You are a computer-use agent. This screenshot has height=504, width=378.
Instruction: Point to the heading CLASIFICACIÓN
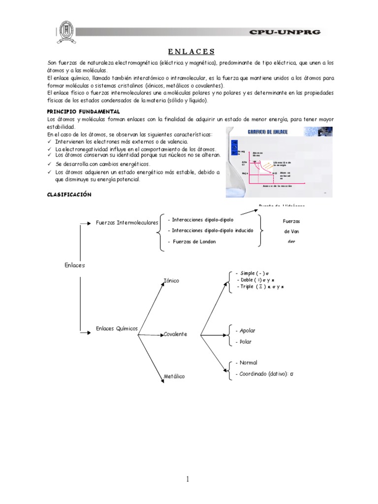[x=69, y=194]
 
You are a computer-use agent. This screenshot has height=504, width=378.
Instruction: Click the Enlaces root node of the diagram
[x=75, y=265]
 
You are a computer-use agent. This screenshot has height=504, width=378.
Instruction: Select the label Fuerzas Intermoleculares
[x=127, y=222]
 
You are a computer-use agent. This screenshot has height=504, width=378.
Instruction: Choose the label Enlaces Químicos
[x=117, y=328]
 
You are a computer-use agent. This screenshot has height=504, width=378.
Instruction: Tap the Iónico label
[x=171, y=281]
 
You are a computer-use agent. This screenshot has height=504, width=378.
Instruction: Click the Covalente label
[x=175, y=334]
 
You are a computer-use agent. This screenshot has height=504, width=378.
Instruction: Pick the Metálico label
[x=174, y=377]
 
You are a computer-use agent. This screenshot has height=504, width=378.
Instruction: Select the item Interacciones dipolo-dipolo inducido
[x=211, y=230]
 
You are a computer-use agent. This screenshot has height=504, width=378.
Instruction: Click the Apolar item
[x=245, y=330]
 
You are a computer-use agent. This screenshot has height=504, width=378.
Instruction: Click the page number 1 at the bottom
[x=189, y=479]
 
